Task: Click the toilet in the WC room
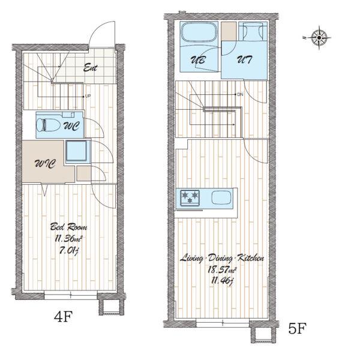[48, 125]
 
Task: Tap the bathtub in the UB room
[199, 32]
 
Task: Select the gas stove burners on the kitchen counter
[190, 197]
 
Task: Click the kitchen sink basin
[221, 197]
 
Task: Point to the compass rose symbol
[319, 37]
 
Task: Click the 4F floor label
[64, 316]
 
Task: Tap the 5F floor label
[297, 328]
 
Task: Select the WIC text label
[45, 164]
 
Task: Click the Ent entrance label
[90, 68]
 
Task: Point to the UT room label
[244, 59]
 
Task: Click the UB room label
[198, 60]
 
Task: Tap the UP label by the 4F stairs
[88, 97]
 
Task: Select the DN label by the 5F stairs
[240, 94]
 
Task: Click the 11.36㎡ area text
[68, 239]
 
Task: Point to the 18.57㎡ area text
[222, 270]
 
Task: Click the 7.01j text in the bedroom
[69, 251]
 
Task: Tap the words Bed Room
[68, 227]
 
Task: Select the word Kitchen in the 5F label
[250, 258]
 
